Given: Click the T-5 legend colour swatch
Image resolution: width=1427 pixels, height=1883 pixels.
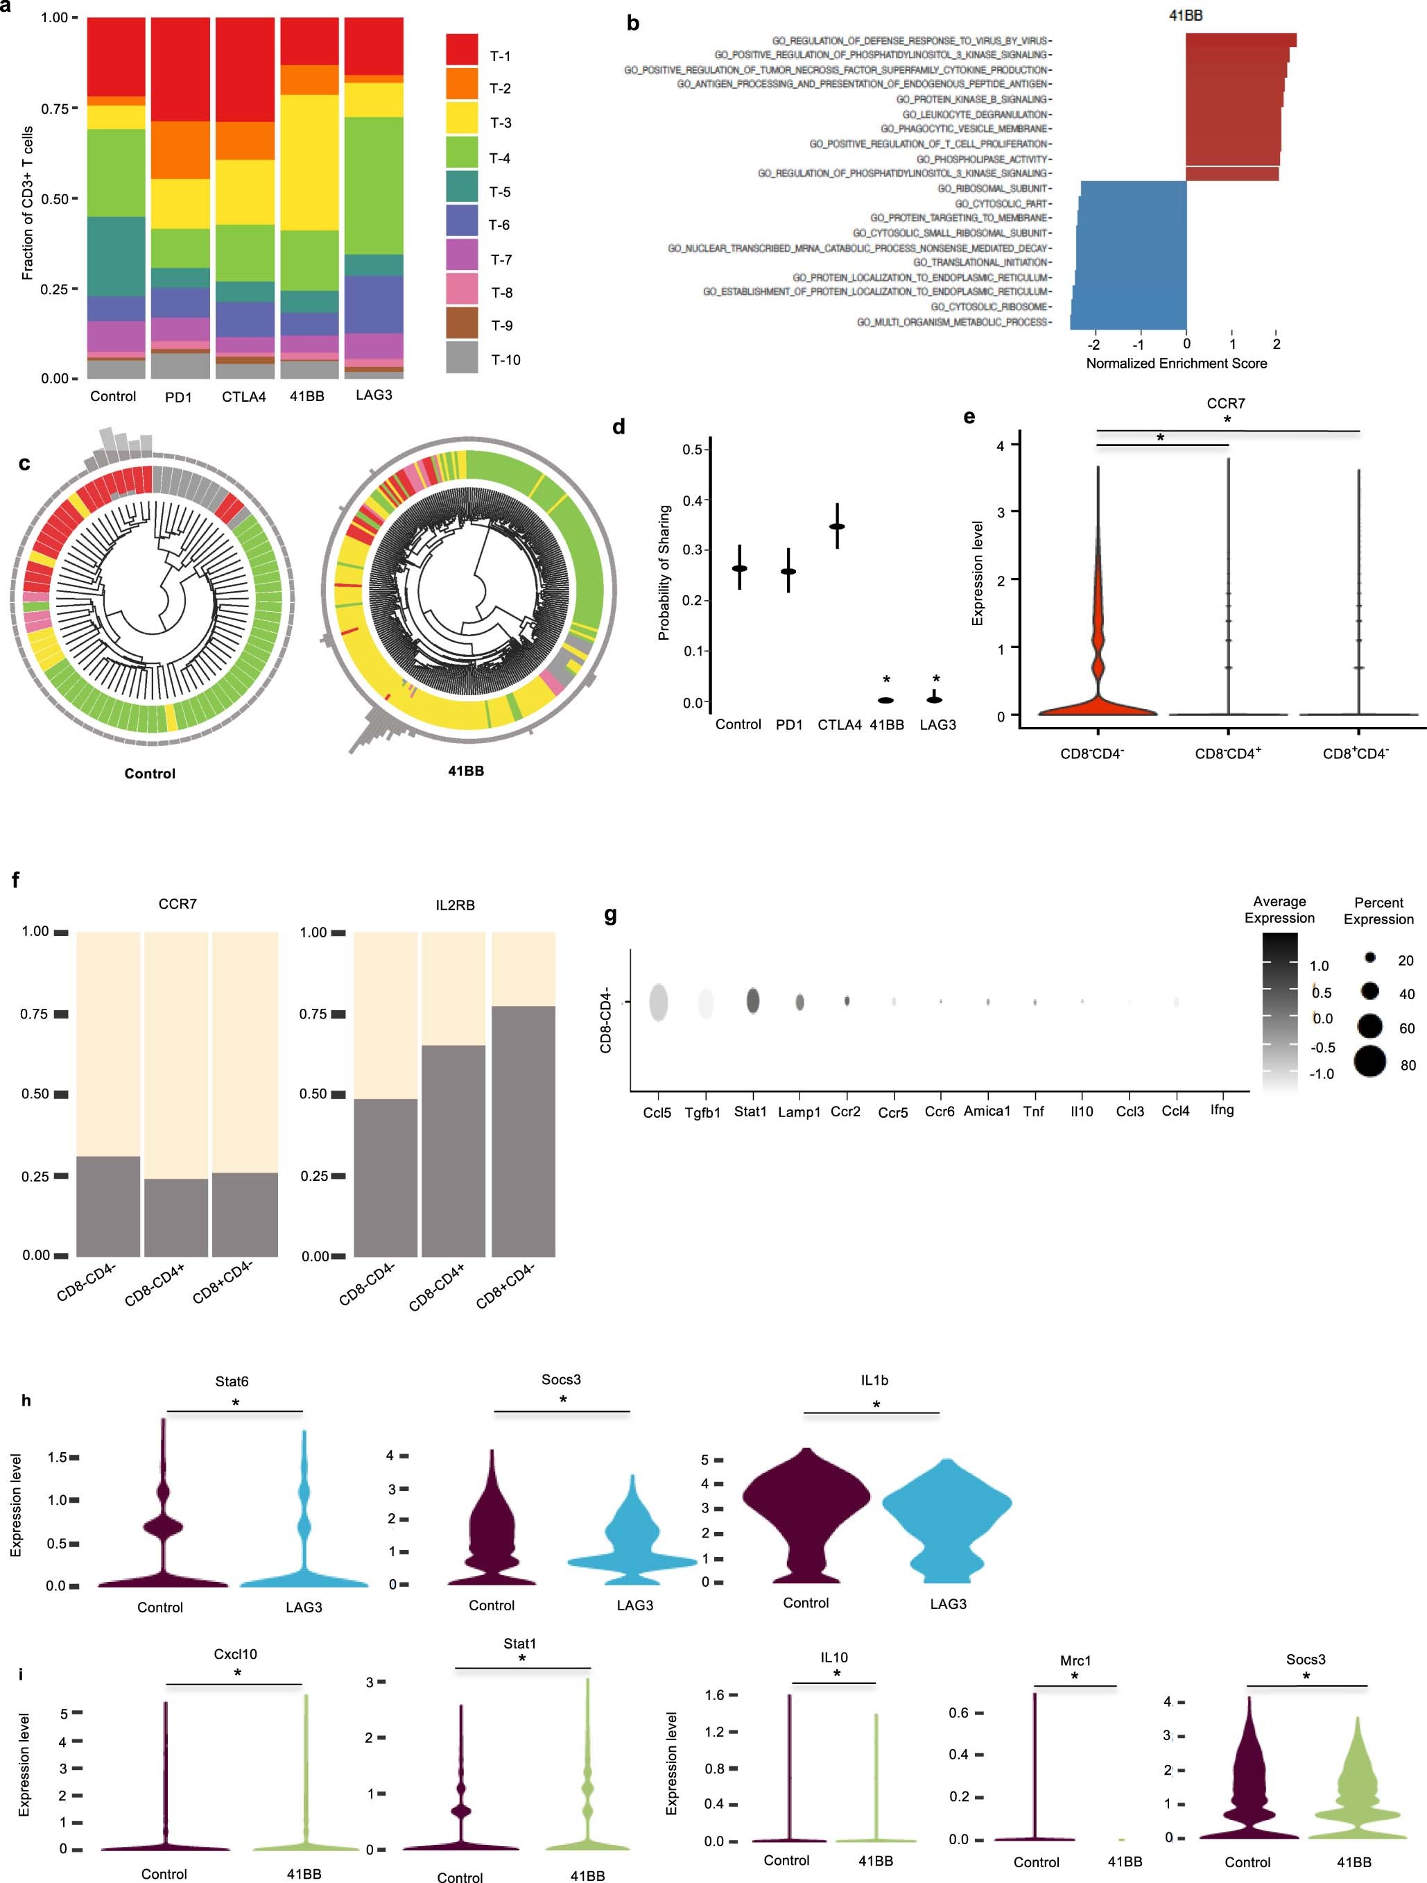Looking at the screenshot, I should coord(461,191).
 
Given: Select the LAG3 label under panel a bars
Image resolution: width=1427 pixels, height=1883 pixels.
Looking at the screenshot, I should coord(374,395).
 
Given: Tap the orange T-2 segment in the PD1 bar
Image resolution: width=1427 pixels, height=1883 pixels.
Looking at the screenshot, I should coord(180,150).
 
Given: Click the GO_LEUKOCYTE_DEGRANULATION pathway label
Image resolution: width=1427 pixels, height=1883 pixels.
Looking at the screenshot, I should coord(974,114).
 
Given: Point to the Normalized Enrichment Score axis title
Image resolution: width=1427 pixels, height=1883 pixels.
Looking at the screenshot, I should coord(1176,364).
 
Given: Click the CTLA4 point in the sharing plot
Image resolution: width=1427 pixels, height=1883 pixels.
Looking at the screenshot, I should coord(838,526).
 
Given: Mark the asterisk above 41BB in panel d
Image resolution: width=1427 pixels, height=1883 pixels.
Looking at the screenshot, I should coord(887,680).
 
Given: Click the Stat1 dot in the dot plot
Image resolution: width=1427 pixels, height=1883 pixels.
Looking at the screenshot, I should coord(753,1001).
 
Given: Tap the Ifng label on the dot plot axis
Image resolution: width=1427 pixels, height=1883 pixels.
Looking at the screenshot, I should coord(1222,1110).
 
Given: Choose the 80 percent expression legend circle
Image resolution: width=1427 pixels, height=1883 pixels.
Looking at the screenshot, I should coord(1369,1062).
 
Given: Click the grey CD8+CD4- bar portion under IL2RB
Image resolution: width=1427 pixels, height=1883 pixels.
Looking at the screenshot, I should coord(524,1132).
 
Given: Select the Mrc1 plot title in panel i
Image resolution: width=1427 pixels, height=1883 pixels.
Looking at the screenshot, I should coord(1075,1661).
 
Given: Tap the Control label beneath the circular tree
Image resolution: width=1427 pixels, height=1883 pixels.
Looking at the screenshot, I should coord(150,774).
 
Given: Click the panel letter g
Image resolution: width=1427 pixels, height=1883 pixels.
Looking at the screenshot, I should coord(610,915).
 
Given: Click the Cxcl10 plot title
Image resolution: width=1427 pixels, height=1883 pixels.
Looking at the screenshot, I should coord(235,1654).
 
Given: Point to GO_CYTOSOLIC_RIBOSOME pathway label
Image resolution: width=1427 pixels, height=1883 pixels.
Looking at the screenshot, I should coord(989,307).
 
